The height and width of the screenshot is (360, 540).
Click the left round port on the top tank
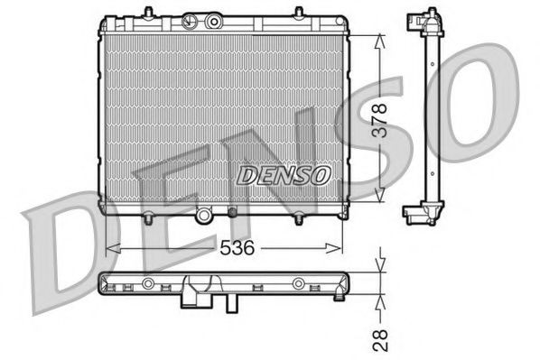[191, 20]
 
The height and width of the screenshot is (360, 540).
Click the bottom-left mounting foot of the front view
[147, 217]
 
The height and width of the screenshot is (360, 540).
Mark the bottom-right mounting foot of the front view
[297, 217]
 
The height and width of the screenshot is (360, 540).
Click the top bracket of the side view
[422, 23]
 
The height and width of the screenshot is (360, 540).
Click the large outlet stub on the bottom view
[195, 292]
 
